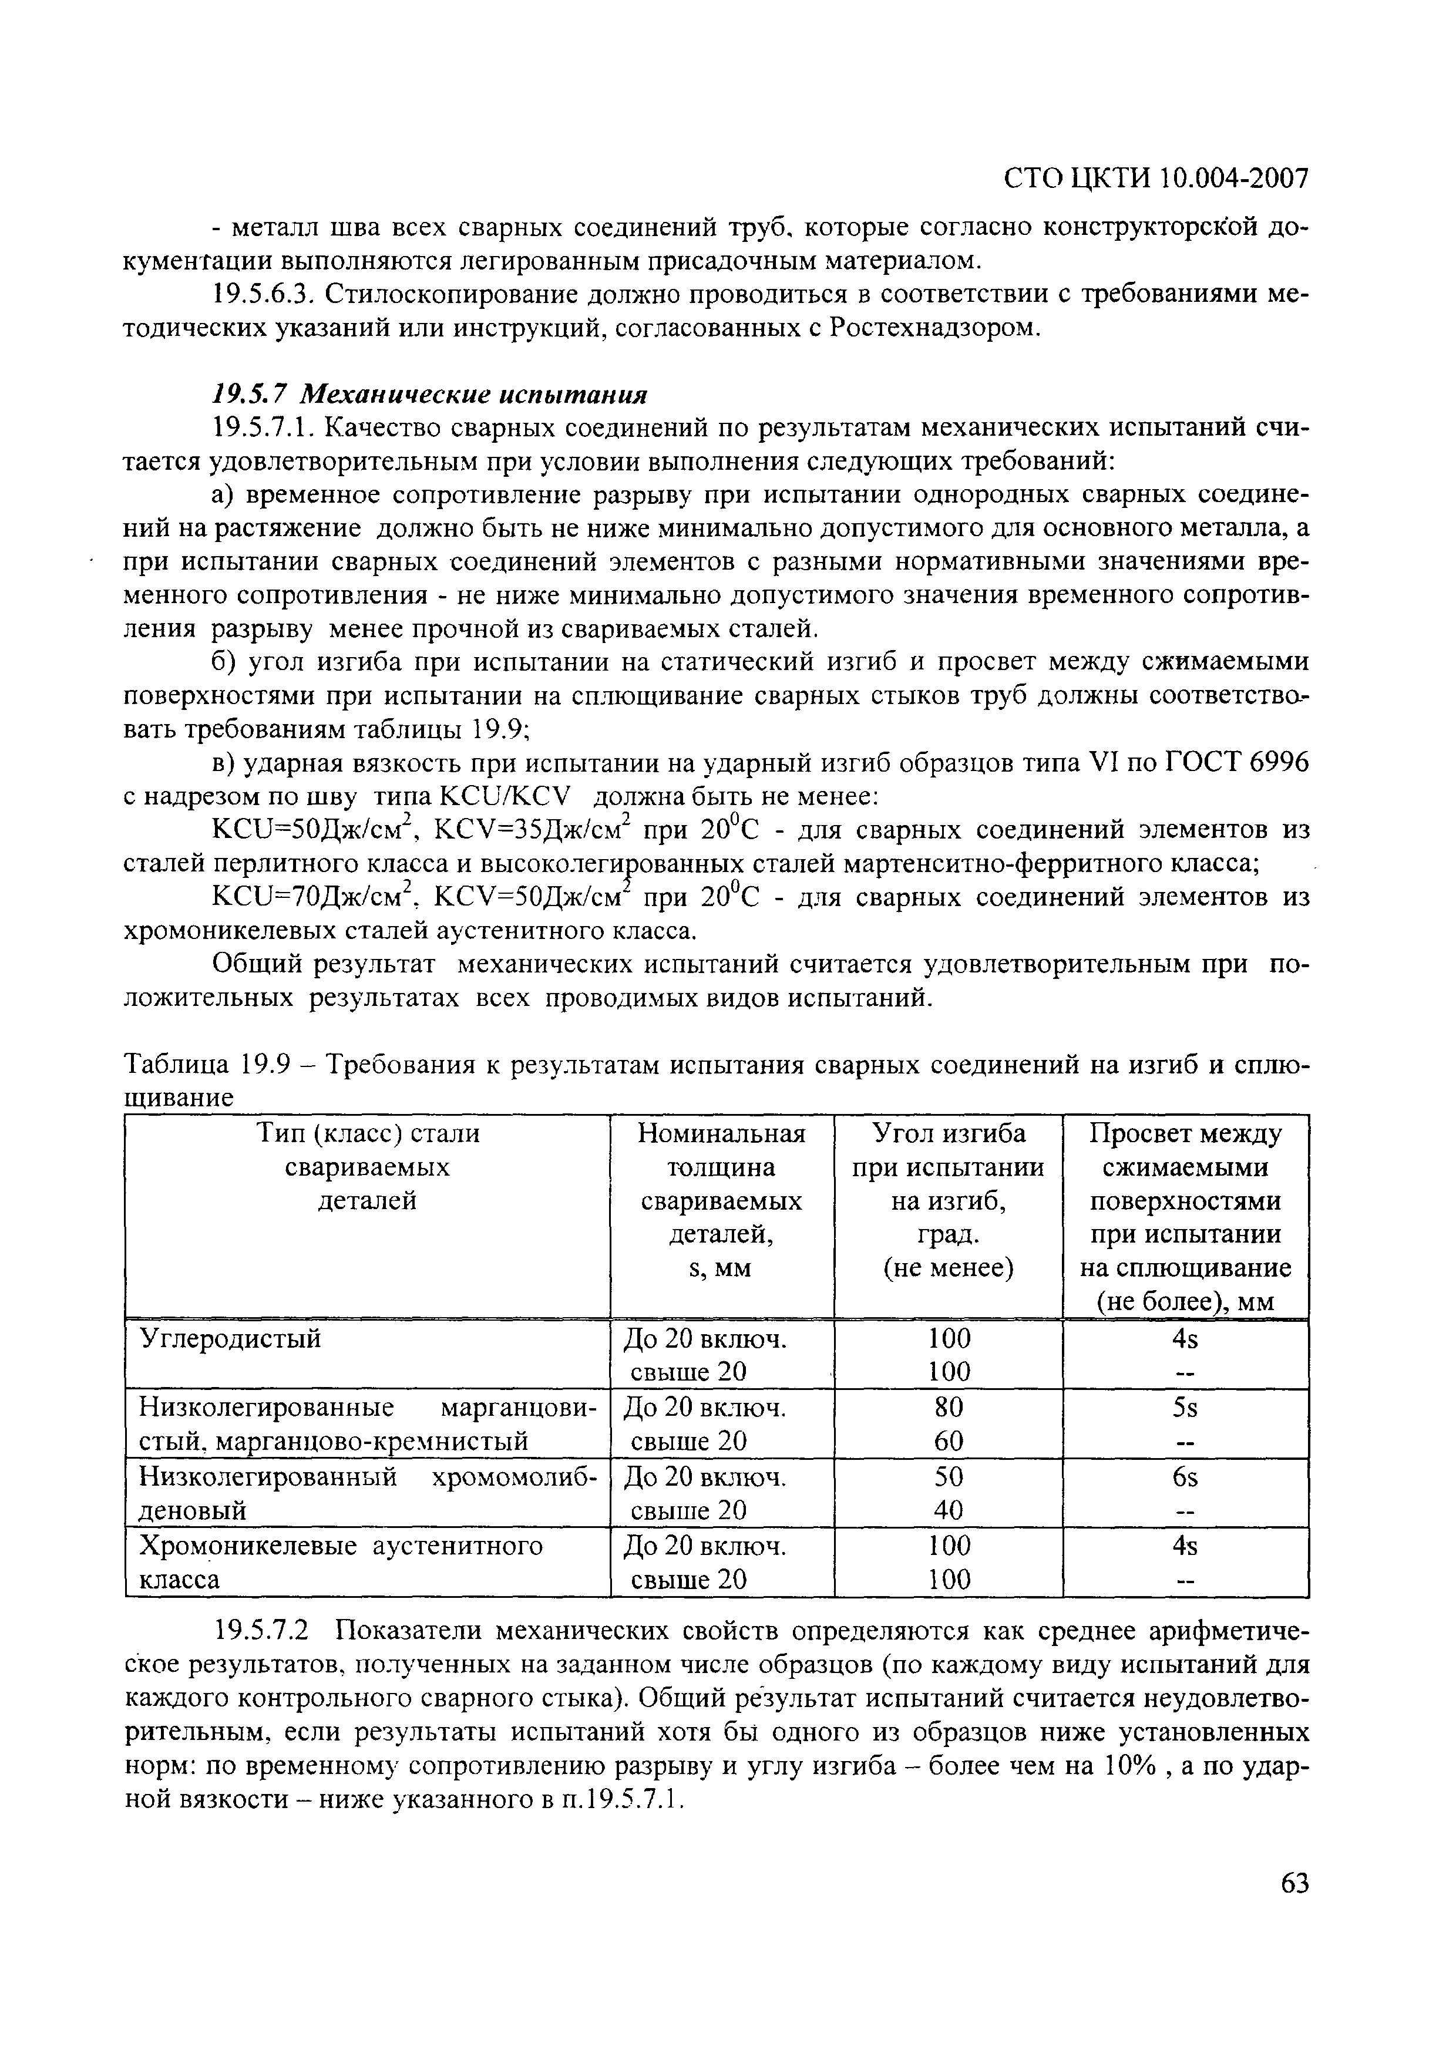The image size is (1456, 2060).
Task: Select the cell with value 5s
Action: [1185, 1409]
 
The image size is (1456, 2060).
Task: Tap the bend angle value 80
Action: [948, 1409]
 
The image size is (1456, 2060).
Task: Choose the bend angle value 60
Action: [948, 1442]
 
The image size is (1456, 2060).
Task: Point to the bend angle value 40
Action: [948, 1511]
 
